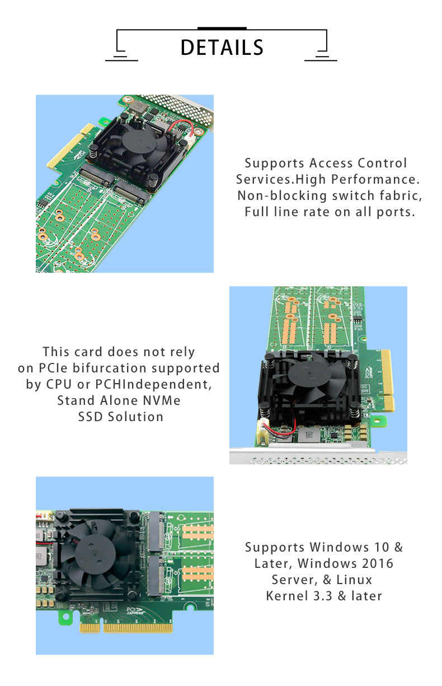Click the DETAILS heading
(x=222, y=48)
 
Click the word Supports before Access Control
(x=275, y=164)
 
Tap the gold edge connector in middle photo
(x=387, y=381)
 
